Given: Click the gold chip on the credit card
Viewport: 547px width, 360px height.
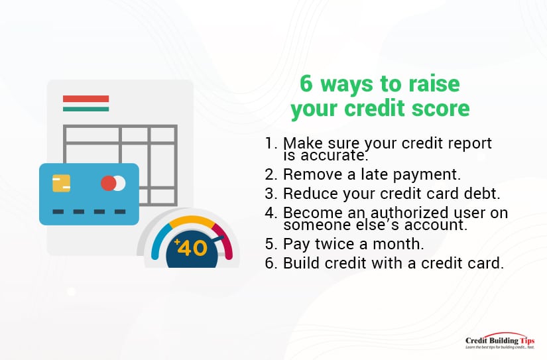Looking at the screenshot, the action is pos(62,184).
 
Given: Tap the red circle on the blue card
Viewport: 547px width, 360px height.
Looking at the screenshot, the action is pos(109,184).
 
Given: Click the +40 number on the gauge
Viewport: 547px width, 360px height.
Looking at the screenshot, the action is pos(191,248).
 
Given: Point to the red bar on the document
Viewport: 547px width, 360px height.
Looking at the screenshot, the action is pos(86,99).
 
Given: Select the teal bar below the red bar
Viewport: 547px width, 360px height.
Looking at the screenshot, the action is pos(86,109).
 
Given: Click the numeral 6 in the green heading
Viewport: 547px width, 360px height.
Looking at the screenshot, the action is pos(306,84).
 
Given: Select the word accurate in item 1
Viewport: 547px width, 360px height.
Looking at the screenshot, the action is pos(334,156).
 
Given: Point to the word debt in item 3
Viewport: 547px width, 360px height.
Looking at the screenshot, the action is pos(483,193).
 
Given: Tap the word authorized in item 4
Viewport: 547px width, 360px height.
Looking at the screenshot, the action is pos(409,212).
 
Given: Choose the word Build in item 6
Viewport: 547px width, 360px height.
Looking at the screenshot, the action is pos(302,263).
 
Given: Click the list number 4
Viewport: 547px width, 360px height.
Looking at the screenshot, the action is pos(271,213).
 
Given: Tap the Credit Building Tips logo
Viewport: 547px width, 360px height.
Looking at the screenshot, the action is pos(500,341).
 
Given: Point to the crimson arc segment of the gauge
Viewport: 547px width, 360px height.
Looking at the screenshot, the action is pos(223,241).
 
